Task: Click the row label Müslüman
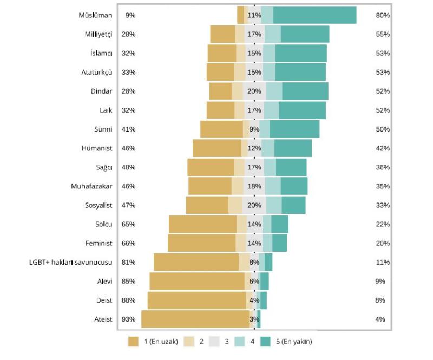(95, 15)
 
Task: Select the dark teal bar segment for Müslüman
(314, 15)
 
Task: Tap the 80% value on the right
(383, 15)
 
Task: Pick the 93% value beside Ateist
(128, 319)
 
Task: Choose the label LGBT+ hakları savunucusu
(70, 262)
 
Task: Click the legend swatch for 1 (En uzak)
(134, 342)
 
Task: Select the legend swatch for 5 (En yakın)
(265, 342)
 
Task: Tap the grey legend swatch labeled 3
(214, 342)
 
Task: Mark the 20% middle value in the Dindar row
(254, 91)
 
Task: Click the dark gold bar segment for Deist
(196, 300)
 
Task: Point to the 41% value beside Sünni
(128, 129)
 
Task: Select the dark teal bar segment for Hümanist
(293, 148)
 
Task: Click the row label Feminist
(99, 243)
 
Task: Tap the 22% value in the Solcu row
(383, 224)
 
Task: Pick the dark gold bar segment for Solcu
(202, 224)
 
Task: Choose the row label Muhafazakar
(91, 186)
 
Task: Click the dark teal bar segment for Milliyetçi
(305, 34)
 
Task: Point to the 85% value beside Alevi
(128, 281)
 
